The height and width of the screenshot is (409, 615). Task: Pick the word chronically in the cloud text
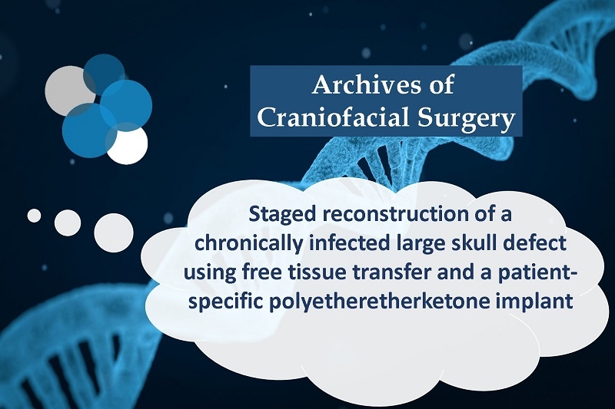point(249,245)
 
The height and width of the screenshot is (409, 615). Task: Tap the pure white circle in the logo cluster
point(128,143)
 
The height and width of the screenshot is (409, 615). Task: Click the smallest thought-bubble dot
point(34,216)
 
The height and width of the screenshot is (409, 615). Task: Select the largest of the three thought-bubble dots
point(114,233)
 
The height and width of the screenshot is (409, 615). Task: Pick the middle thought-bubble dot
point(68,223)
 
